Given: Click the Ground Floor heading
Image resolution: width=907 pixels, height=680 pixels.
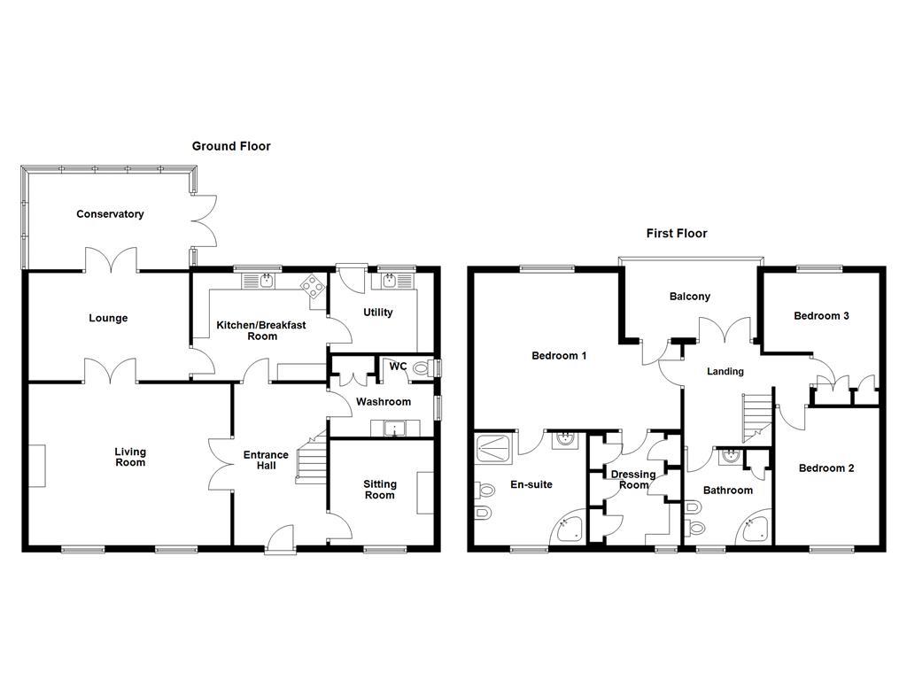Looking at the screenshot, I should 231,146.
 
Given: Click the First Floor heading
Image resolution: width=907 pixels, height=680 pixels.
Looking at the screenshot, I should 676,234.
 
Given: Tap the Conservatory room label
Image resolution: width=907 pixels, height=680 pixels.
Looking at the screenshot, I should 110,214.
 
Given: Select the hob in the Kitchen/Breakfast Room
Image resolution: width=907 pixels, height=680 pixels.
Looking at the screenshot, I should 312,283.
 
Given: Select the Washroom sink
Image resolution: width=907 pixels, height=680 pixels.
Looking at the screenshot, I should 395,429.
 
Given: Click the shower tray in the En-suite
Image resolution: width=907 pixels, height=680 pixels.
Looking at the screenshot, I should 494,450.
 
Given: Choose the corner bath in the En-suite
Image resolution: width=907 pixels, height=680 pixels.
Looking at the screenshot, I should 569,529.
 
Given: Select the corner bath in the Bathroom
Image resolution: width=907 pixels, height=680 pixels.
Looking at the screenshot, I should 755,529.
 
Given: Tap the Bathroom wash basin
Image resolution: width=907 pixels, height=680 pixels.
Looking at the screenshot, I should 730,457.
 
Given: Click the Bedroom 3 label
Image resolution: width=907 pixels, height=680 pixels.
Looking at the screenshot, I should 821,316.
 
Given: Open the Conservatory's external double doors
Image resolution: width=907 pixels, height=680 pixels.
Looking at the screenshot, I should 205,220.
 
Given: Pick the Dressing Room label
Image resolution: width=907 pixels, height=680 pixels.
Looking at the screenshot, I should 633,479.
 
